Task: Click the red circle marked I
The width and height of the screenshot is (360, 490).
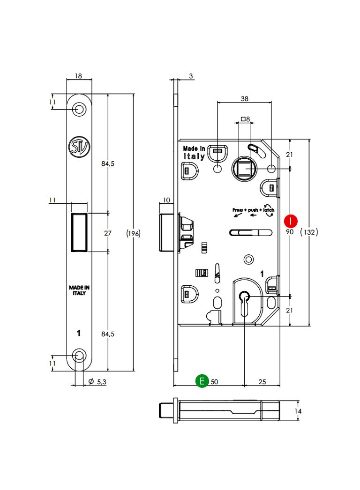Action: pos(292,220)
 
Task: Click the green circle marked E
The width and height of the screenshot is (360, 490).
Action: pos(202,381)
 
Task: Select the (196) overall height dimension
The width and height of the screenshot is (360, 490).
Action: pos(134,233)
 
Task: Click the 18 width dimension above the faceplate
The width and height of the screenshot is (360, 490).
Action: pos(79,75)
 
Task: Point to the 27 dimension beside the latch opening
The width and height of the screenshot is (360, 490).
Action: pos(108,233)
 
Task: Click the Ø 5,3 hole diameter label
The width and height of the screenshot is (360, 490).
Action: pos(97,382)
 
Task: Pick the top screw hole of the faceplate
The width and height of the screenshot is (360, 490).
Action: pos(79,109)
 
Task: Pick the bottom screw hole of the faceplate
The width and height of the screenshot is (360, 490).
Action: pos(79,356)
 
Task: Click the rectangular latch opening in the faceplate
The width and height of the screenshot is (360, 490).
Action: pos(79,232)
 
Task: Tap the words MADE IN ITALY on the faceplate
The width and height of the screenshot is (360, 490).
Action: pos(79,290)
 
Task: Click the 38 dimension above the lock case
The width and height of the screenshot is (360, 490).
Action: pos(245,99)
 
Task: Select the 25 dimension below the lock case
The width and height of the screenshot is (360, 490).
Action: pos(262,382)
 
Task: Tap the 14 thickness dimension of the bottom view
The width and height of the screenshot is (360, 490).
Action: pos(298,411)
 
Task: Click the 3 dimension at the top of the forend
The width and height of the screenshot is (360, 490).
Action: pos(191,75)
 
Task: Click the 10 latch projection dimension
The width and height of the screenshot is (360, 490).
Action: pos(165,200)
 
